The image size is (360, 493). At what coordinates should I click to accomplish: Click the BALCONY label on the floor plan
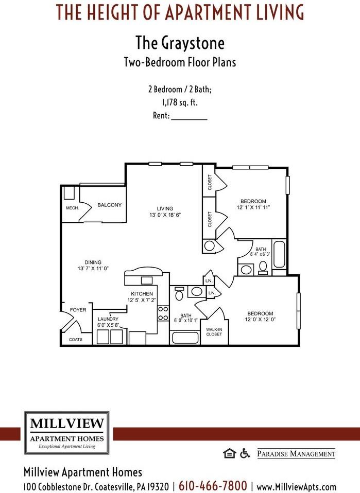click(x=109, y=205)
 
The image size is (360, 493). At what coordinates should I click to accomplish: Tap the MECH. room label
click(x=72, y=208)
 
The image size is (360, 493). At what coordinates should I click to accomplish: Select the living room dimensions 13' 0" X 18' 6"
click(x=165, y=215)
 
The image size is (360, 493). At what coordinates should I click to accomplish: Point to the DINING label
click(x=93, y=262)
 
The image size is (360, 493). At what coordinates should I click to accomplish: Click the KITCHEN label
click(x=142, y=293)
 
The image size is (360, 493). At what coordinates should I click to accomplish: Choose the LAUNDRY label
click(x=108, y=319)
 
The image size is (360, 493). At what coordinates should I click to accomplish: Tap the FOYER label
click(x=78, y=310)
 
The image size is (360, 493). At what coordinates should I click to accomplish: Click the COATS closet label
click(x=75, y=340)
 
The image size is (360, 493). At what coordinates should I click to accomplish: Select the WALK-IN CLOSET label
click(x=214, y=331)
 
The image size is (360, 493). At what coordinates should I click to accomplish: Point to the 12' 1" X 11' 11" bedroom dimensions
click(x=253, y=207)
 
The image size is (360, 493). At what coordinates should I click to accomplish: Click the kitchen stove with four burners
click(x=163, y=313)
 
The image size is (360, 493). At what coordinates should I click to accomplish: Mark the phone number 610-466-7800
click(x=213, y=486)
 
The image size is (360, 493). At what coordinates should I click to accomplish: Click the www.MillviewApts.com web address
click(x=296, y=486)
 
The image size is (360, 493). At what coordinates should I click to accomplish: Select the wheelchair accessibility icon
click(x=245, y=453)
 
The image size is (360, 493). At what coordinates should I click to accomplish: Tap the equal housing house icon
click(x=229, y=453)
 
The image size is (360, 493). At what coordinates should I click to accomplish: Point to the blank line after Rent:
click(x=189, y=117)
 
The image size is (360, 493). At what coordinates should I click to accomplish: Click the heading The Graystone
click(x=180, y=42)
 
